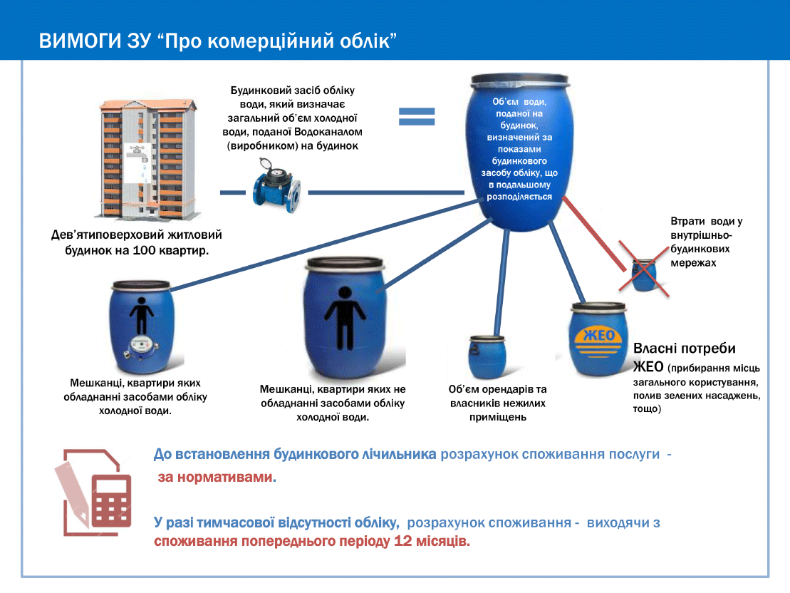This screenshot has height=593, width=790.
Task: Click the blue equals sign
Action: click(416, 118)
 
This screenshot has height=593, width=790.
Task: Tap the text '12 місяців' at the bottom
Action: click(432, 541)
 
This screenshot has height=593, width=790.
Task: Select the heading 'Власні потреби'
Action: click(684, 349)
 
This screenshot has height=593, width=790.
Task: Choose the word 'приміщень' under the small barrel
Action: click(497, 417)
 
